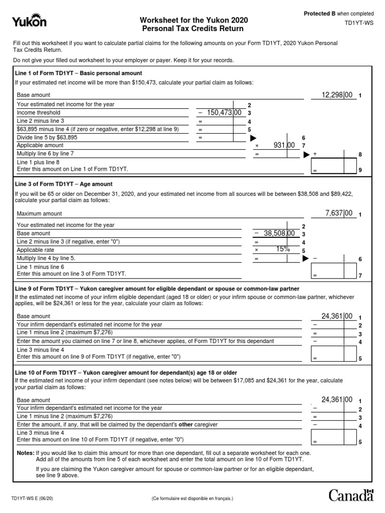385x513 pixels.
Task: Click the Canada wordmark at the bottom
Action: point(351,495)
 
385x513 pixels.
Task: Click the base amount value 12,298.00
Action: point(339,95)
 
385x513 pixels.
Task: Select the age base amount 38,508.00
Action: point(277,233)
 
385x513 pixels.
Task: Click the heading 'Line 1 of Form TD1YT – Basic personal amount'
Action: point(79,73)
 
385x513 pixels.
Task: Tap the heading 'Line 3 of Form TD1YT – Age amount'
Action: point(65,184)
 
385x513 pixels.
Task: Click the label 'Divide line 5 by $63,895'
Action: point(48,137)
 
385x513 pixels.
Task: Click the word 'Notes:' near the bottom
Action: point(25,453)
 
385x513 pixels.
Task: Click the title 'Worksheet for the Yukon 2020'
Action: point(194,20)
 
